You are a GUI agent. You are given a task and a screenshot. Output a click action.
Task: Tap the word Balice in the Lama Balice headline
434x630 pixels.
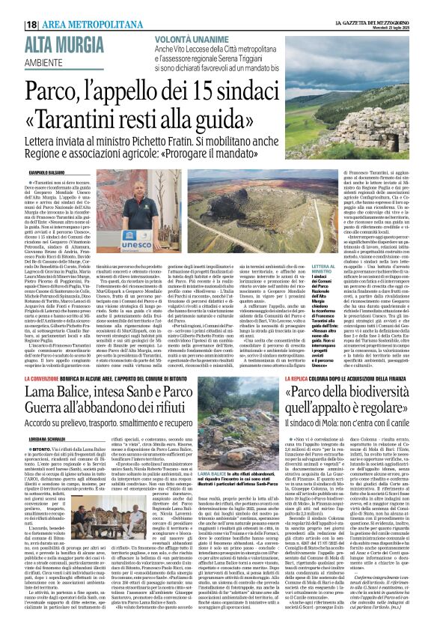click(x=85, y=415)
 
